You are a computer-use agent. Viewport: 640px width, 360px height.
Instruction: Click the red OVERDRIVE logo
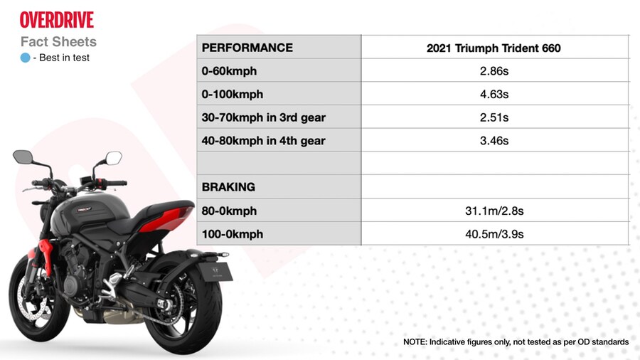[x=57, y=20]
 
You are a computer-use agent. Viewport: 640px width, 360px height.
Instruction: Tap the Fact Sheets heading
[x=58, y=42]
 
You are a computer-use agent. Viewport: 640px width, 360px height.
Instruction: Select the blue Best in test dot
[x=26, y=58]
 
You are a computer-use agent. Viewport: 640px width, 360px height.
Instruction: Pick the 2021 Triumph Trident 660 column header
[x=494, y=48]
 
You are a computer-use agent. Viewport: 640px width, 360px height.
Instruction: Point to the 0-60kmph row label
[x=229, y=71]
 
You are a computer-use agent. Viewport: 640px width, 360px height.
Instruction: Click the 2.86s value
[x=494, y=71]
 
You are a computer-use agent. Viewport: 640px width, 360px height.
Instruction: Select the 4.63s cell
[x=494, y=95]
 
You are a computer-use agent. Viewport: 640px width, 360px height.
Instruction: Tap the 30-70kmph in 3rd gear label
[x=263, y=117]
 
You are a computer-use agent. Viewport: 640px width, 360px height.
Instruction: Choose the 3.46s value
[x=494, y=141]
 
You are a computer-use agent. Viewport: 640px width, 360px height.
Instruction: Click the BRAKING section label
[x=228, y=187]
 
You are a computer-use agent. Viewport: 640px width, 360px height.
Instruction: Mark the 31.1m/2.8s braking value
[x=494, y=211]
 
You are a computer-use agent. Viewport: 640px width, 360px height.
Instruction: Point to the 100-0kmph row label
[x=233, y=234]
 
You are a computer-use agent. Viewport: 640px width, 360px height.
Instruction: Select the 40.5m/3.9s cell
[x=494, y=234]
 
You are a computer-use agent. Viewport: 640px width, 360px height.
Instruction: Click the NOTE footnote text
[x=516, y=342]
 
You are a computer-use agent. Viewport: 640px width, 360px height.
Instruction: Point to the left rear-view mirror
[x=23, y=157]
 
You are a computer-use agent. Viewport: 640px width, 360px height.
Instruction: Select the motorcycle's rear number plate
[x=215, y=272]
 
